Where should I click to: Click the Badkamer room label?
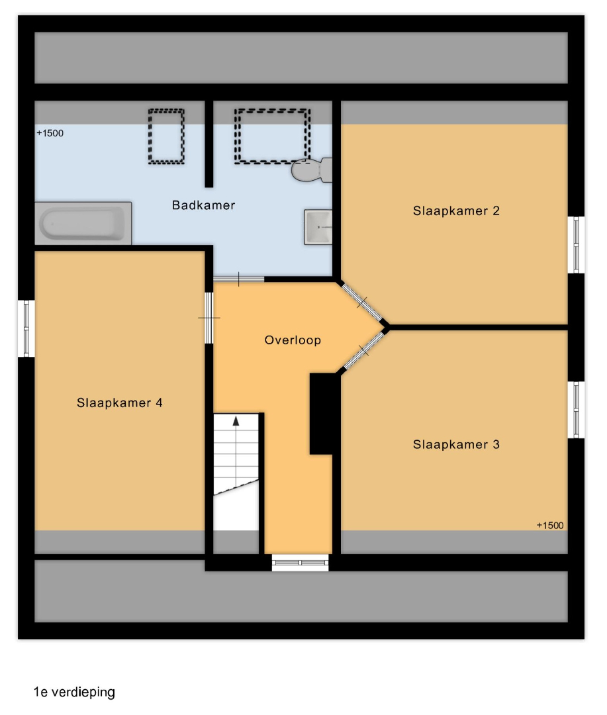click(203, 205)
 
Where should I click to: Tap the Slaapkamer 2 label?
click(456, 211)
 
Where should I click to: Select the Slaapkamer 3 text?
click(456, 445)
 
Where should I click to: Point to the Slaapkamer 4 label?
click(120, 403)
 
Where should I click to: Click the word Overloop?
click(293, 340)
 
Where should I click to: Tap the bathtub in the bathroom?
click(83, 224)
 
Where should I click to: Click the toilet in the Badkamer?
click(312, 169)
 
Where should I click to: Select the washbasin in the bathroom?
click(318, 227)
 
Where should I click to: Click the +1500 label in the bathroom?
click(50, 133)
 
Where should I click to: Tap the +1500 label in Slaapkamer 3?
click(550, 525)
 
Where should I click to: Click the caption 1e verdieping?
click(74, 692)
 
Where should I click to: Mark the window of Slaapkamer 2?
click(576, 245)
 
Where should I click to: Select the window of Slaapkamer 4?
click(26, 328)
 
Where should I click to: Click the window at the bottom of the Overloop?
click(300, 563)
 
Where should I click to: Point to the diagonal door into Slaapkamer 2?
click(362, 303)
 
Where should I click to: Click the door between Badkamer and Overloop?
click(238, 279)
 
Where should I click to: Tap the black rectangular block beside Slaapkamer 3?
click(324, 414)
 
